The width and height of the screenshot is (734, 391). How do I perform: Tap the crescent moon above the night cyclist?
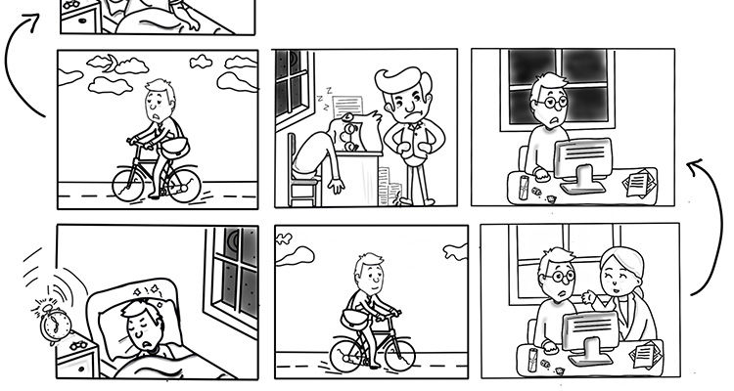coord(114,65)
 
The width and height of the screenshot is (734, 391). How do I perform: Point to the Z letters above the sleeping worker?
coord(324,95)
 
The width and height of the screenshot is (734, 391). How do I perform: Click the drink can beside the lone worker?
coord(524,183)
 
